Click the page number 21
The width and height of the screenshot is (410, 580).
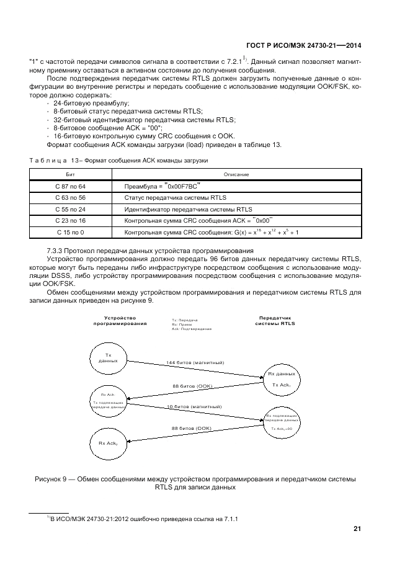[357, 529]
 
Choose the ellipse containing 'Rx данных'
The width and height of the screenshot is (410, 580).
[281, 379]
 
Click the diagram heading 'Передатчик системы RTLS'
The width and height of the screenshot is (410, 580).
[275, 320]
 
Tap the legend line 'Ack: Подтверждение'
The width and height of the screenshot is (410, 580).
[191, 328]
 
